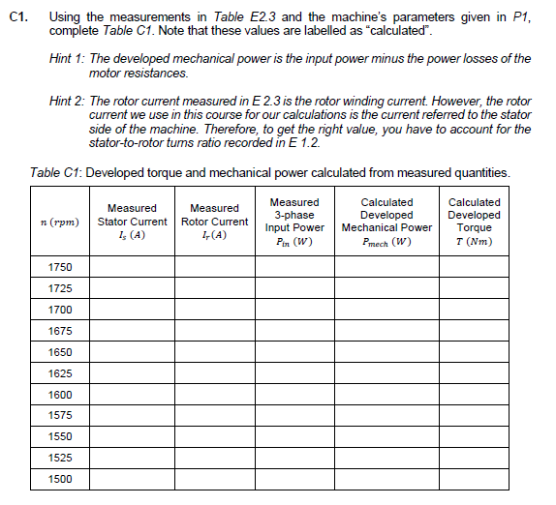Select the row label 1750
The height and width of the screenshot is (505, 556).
(x=60, y=267)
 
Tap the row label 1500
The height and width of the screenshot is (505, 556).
(x=60, y=479)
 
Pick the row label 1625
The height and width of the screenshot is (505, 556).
(x=60, y=373)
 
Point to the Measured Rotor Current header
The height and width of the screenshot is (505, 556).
(x=214, y=222)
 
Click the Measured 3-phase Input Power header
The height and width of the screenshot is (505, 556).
(x=294, y=222)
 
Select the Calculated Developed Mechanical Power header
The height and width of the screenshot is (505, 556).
(x=386, y=222)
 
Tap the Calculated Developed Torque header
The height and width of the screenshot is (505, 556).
(x=474, y=222)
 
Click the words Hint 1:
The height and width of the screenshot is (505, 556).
(x=66, y=59)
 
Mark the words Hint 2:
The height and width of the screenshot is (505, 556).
(x=66, y=102)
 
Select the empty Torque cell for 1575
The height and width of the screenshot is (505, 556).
(x=474, y=415)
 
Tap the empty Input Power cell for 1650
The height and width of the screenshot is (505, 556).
(x=294, y=352)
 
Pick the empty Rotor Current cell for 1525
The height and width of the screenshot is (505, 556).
(x=214, y=458)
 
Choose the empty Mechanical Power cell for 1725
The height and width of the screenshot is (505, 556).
(x=386, y=288)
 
